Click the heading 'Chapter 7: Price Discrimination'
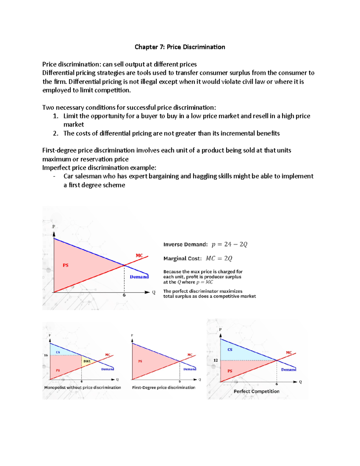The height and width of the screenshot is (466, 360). point(180,47)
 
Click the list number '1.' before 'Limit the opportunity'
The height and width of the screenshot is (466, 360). point(55,116)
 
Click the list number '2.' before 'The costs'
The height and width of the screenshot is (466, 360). point(55,134)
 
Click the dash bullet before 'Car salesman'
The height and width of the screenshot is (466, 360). point(54,176)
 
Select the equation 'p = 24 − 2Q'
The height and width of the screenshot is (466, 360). point(229,244)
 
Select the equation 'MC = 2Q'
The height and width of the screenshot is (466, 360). point(219,258)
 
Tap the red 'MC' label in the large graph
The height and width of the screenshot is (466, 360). point(139,256)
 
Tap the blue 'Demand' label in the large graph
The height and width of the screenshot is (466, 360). point(139,277)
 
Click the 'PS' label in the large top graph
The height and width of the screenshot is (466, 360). point(65,265)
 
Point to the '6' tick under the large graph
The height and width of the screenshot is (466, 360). point(124,295)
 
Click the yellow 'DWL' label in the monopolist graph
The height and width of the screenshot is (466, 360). point(87,361)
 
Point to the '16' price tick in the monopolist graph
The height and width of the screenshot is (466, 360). point(46,355)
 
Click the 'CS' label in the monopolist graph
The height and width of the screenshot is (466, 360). point(58,352)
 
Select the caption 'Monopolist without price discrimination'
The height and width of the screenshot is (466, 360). point(82,387)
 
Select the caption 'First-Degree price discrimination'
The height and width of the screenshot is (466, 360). point(163,387)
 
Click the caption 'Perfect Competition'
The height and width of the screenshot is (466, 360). point(256,391)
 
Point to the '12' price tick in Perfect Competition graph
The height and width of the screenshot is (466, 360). point(216,360)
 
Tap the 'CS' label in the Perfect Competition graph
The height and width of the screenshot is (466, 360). point(230,350)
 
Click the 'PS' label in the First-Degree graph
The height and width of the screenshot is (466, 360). point(140,361)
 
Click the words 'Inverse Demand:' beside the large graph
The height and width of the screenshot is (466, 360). point(185,245)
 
